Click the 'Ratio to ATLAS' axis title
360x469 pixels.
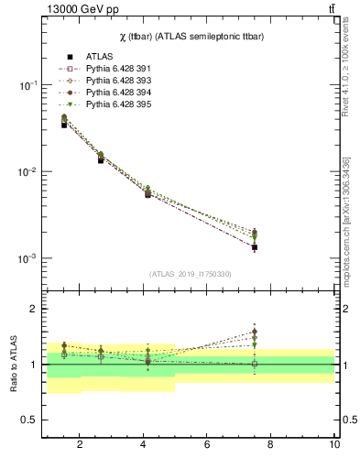coord(14,365)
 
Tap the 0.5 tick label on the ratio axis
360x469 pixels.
coord(27,420)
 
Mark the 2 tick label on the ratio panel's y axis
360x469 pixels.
coord(32,310)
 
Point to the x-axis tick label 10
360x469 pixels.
coord(334,446)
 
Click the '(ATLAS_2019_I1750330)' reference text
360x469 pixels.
coord(190,274)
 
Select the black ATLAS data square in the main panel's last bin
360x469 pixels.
coord(255,247)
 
